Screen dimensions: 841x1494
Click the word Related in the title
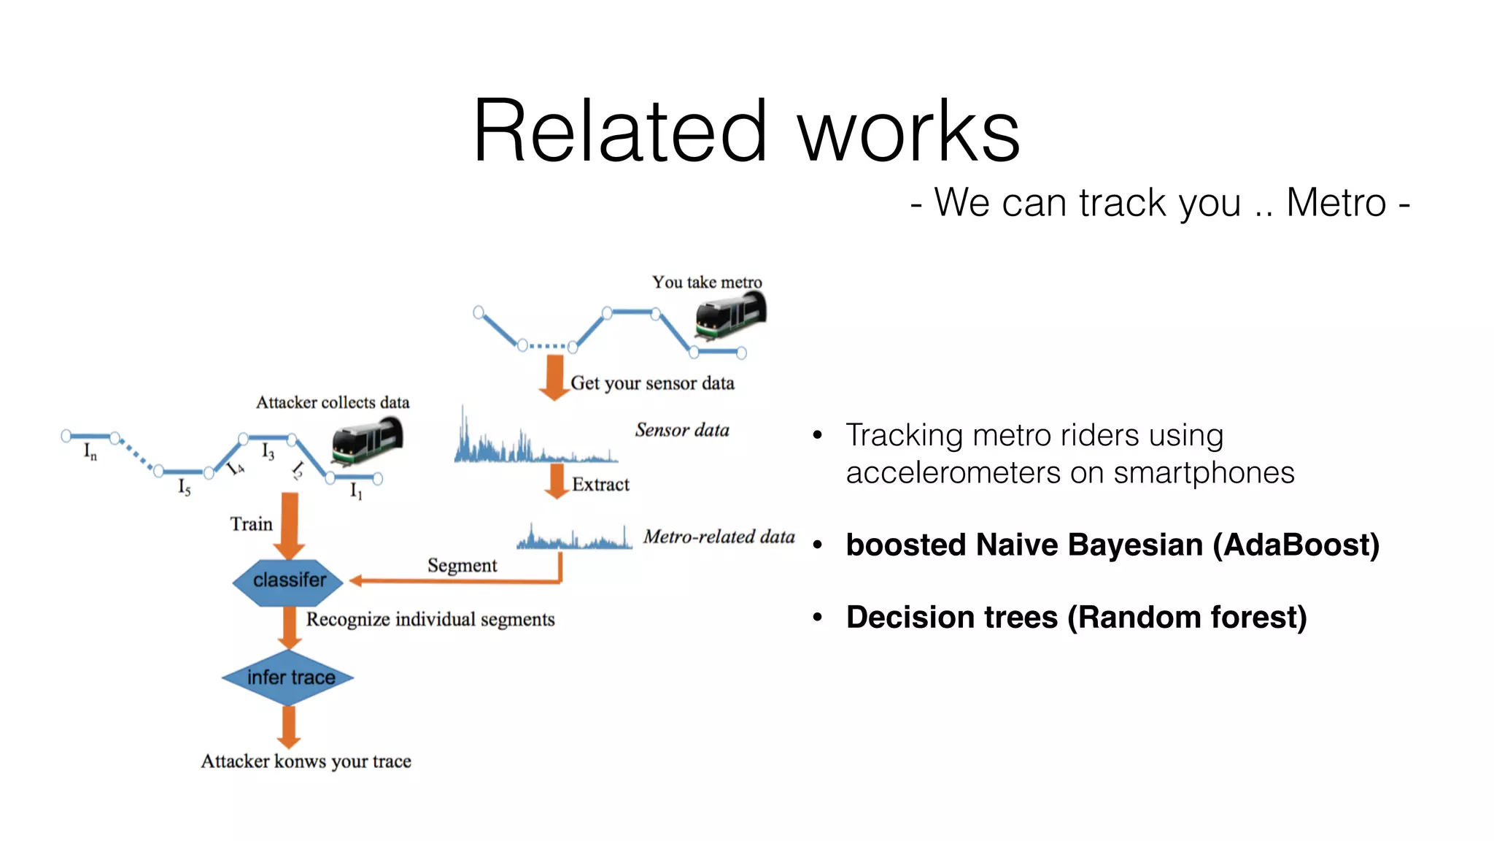tap(620, 133)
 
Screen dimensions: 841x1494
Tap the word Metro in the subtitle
tap(1335, 203)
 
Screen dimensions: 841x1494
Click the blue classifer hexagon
tap(289, 581)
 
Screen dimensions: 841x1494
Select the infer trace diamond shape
tap(289, 677)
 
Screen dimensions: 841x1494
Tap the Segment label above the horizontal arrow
tap(462, 566)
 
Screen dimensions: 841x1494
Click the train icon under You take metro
tap(729, 315)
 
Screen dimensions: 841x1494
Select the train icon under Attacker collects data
tap(367, 441)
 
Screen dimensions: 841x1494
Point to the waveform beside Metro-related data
tap(574, 539)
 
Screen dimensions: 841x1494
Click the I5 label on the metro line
tap(184, 487)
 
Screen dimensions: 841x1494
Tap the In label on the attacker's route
tap(90, 452)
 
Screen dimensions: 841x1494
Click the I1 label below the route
tap(356, 491)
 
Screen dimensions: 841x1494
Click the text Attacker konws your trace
tap(306, 761)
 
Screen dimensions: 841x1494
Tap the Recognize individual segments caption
tap(430, 620)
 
